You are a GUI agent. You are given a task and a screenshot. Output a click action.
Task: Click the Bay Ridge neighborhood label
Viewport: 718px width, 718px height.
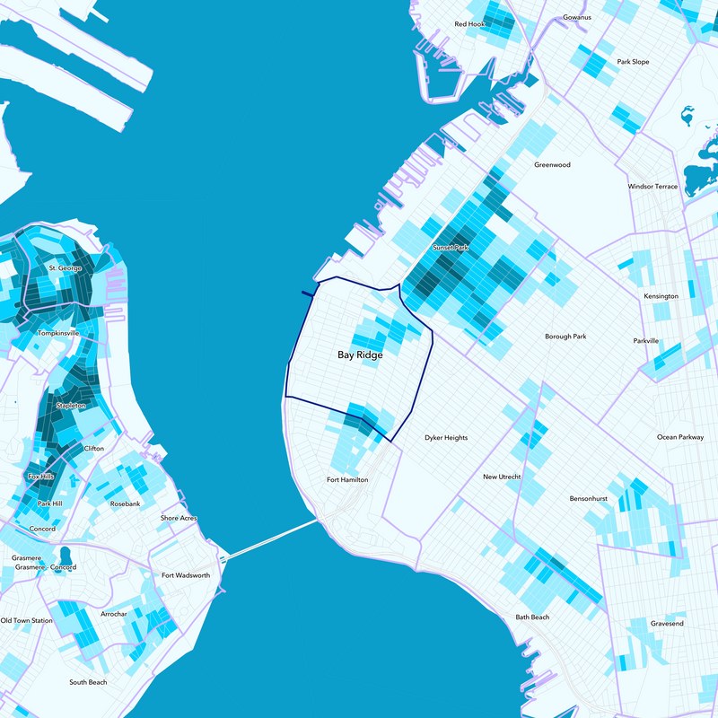pos(360,355)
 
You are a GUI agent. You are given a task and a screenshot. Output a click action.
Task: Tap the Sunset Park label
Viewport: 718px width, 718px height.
pos(451,247)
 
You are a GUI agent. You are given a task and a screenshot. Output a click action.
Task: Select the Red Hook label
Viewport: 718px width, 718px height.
pos(469,24)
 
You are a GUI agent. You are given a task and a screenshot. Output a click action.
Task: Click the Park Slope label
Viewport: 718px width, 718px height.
pos(633,62)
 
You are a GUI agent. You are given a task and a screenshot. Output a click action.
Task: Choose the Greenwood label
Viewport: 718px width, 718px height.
pos(552,165)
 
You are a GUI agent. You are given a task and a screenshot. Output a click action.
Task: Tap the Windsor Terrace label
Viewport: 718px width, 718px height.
pos(652,187)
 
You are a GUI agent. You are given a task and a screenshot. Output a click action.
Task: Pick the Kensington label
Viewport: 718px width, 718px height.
pos(661,296)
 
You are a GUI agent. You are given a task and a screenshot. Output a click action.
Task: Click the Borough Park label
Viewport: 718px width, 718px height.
pos(565,337)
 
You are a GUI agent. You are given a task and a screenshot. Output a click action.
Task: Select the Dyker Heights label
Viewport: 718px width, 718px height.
pos(446,438)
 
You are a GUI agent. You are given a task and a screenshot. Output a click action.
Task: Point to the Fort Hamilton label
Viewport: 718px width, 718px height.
pos(347,480)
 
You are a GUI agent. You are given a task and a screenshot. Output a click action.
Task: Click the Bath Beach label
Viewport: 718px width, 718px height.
pos(532,617)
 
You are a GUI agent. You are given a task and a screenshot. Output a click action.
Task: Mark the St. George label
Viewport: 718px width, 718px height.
pos(65,268)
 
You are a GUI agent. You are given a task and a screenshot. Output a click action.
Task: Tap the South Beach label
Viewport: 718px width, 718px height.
pos(88,682)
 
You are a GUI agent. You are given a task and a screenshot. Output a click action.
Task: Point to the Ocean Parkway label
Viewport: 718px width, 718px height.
pos(680,437)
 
